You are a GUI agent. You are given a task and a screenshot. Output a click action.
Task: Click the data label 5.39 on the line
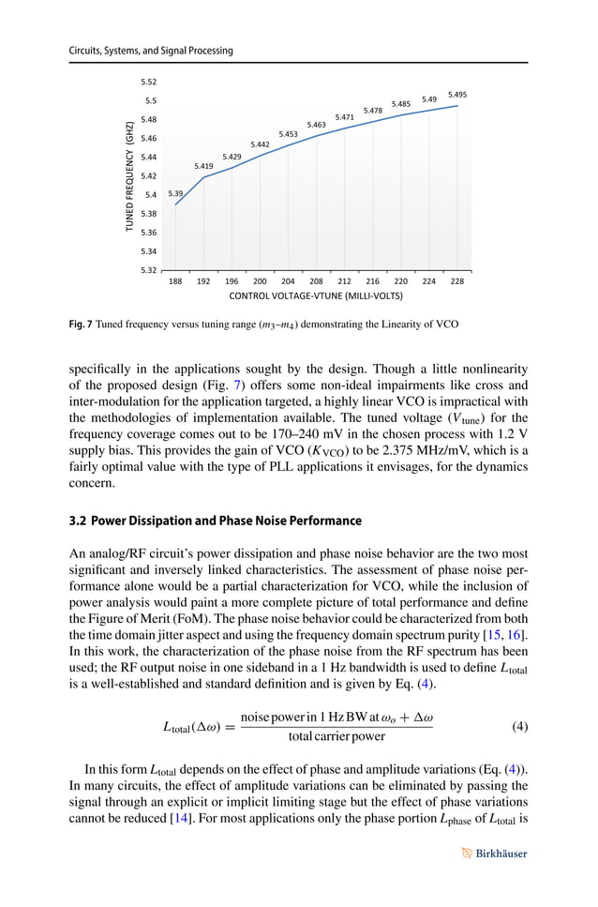(x=175, y=194)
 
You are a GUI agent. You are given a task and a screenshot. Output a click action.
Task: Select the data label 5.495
(x=457, y=95)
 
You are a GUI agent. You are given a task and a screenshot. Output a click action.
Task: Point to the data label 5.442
(x=260, y=144)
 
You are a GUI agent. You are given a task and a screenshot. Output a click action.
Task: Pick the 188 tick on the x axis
(x=175, y=280)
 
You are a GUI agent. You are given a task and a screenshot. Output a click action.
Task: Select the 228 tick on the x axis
(x=457, y=280)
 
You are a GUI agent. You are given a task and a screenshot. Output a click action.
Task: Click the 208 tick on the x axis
(x=316, y=280)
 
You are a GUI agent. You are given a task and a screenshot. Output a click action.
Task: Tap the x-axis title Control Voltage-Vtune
(x=316, y=295)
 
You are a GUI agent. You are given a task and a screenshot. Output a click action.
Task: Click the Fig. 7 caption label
(x=82, y=324)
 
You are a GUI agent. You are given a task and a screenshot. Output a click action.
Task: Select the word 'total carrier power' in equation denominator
(x=336, y=736)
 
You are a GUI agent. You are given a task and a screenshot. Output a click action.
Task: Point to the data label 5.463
(x=316, y=125)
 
